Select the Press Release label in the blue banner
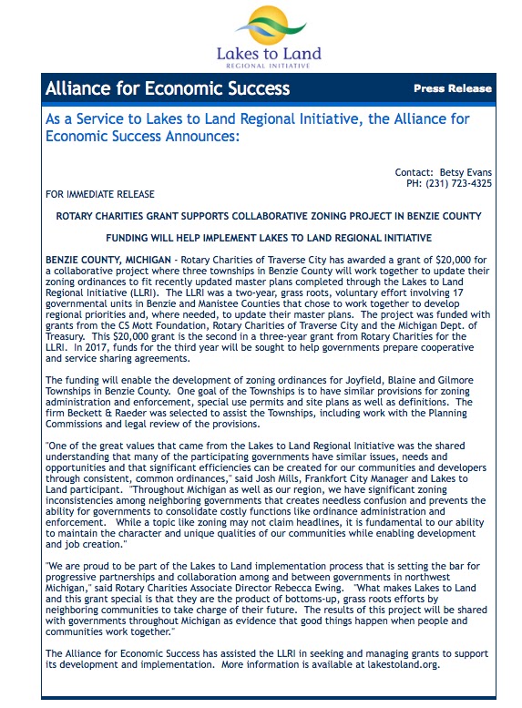pyautogui.click(x=452, y=89)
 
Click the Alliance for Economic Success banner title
pyautogui.click(x=168, y=89)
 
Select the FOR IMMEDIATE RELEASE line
pyautogui.click(x=99, y=194)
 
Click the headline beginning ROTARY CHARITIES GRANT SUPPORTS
pyautogui.click(x=263, y=216)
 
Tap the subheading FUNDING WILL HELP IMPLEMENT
pyautogui.click(x=263, y=238)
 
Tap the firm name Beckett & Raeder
pyautogui.click(x=104, y=402)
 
